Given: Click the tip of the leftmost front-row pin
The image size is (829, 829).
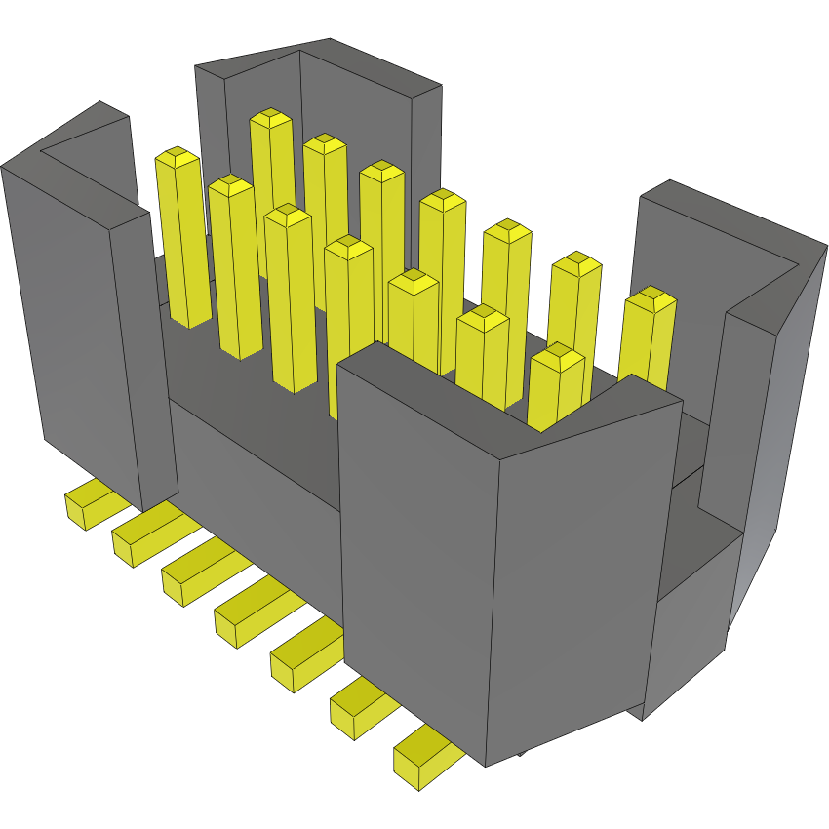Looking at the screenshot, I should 178,156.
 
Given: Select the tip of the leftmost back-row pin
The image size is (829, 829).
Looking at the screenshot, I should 271,121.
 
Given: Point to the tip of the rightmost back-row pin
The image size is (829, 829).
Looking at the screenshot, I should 649,299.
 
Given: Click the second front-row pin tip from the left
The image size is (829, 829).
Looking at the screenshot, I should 231,184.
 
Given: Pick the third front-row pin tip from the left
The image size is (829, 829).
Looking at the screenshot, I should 287,214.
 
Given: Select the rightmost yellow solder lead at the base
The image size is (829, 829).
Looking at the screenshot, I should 422,757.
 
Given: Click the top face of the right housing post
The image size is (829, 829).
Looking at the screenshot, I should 741,244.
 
